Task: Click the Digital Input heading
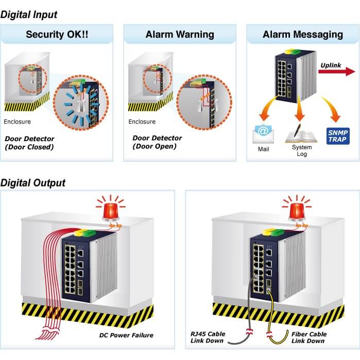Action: pos(29,15)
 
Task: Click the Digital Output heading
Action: pos(33,183)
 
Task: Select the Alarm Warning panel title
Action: pos(180,35)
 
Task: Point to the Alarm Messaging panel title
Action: pos(303,35)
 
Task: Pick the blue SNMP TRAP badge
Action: pos(338,135)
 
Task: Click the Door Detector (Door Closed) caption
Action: pos(30,143)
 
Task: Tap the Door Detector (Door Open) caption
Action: pos(157,142)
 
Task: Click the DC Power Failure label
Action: pos(126,335)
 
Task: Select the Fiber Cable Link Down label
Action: pos(309,337)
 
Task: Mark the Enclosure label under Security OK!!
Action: pos(17,122)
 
